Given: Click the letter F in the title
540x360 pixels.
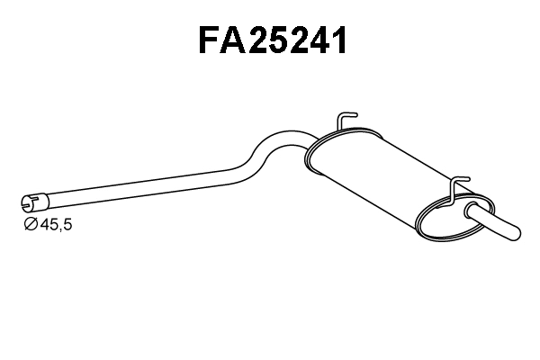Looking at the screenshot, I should pos(211,40).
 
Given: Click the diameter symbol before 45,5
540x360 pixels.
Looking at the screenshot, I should pos(30,223).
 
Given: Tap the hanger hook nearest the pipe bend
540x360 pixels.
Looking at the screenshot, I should pos(346,121).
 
